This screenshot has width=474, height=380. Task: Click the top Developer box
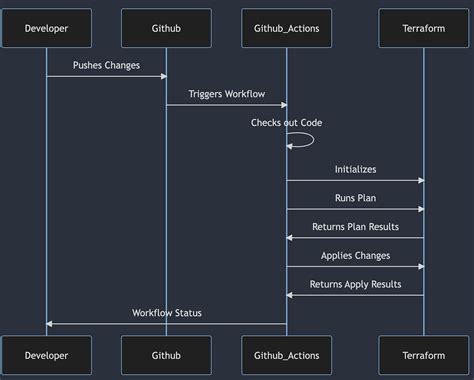(x=46, y=28)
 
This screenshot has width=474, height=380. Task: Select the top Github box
(x=166, y=28)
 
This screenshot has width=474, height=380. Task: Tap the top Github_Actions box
(x=286, y=28)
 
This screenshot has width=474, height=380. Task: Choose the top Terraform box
(x=423, y=28)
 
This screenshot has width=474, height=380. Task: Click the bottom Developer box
(x=46, y=355)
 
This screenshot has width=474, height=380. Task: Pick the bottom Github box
(x=166, y=355)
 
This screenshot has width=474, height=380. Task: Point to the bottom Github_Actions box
(x=286, y=355)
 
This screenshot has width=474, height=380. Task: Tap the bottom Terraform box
(x=423, y=355)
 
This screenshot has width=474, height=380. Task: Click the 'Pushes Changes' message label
(x=106, y=65)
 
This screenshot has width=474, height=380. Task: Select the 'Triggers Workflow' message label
(x=226, y=94)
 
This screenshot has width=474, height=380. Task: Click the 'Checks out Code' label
(x=286, y=122)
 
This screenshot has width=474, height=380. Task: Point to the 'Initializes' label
(x=355, y=170)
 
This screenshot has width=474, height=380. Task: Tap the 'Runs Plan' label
(x=355, y=198)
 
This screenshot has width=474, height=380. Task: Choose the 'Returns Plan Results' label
(x=355, y=227)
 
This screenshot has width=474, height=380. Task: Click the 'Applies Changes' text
(x=355, y=255)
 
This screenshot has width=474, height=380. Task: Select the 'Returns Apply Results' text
(x=355, y=284)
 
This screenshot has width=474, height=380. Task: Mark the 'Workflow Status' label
(x=166, y=313)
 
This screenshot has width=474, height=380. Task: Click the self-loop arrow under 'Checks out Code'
(x=308, y=139)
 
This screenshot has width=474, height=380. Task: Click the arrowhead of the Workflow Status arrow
(x=50, y=323)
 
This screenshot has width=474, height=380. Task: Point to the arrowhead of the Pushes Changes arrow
(x=162, y=76)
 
